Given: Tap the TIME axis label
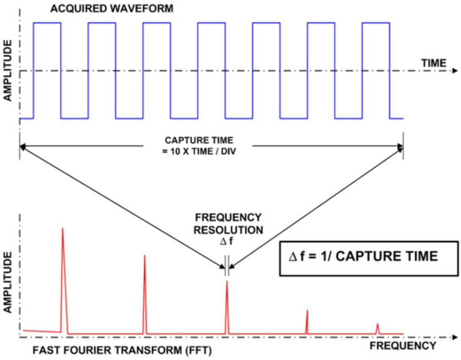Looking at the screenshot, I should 434,63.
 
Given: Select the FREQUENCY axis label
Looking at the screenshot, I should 403,346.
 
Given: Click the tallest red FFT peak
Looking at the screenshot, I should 63,229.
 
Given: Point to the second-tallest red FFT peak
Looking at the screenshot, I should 144,257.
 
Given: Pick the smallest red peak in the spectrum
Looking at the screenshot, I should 377,325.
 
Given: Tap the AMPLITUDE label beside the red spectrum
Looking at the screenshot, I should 8,283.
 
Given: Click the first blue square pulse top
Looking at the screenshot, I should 47,23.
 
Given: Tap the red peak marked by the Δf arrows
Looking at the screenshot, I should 227,283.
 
